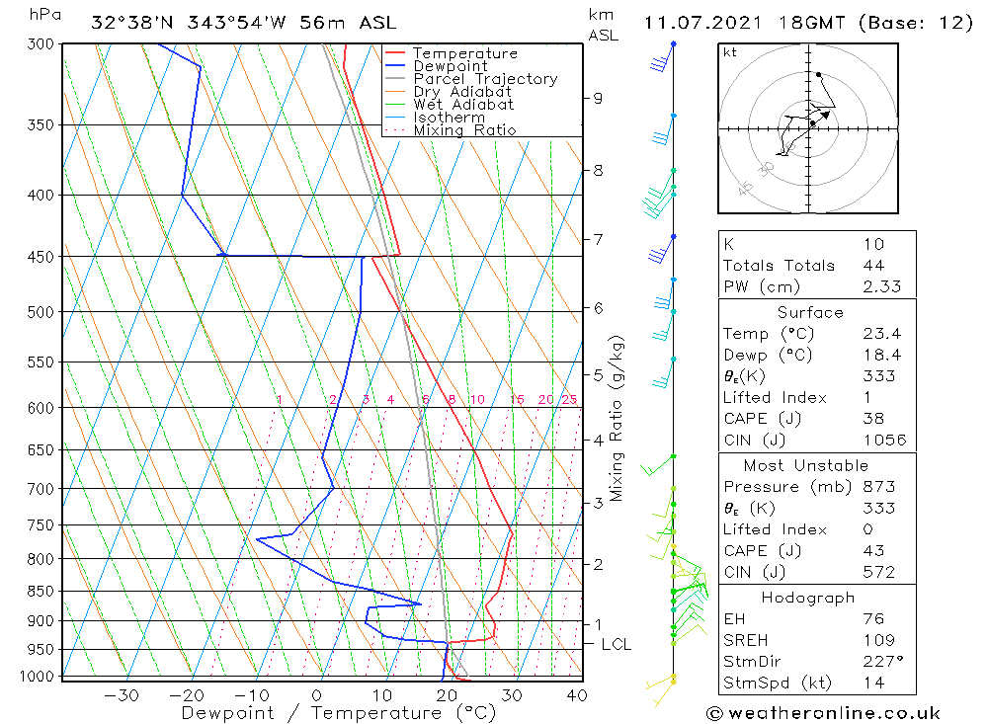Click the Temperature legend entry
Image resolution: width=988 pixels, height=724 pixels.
click(x=464, y=53)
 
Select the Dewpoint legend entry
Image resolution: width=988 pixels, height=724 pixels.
click(x=450, y=66)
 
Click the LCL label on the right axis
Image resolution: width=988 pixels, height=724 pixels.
click(x=616, y=644)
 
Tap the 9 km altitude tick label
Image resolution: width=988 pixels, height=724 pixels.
click(x=598, y=98)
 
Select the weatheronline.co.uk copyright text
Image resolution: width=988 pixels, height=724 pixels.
click(x=823, y=713)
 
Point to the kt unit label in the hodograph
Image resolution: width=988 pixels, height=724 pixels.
click(x=730, y=52)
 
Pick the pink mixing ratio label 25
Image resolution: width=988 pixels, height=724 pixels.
click(x=569, y=399)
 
